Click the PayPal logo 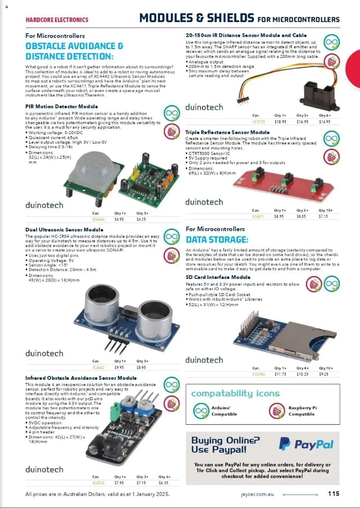(306, 444)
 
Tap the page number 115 (334, 494)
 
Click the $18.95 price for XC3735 (280, 122)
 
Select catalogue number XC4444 (98, 219)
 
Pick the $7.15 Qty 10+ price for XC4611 (323, 216)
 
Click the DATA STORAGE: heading (217, 240)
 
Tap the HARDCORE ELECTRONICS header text (57, 20)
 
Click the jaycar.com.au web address (257, 494)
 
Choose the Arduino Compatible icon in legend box (201, 411)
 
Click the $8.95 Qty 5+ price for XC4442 (141, 367)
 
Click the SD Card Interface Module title (218, 277)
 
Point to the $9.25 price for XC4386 (323, 374)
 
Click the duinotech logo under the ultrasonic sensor (44, 353)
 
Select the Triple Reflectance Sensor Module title (227, 132)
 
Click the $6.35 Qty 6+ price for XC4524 (163, 483)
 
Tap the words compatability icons (235, 393)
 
